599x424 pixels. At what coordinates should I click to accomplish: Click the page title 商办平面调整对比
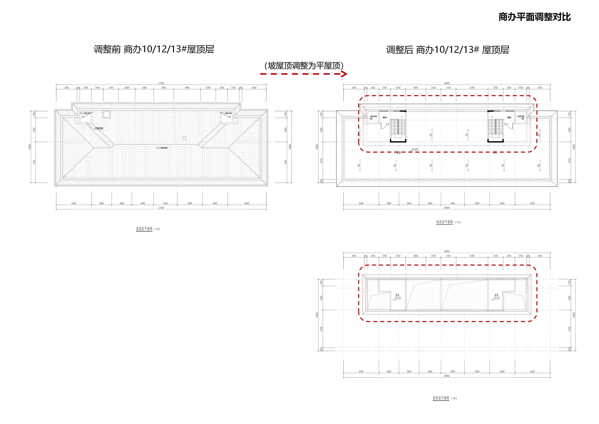coord(535,17)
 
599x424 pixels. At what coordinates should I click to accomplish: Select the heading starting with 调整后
coord(448,50)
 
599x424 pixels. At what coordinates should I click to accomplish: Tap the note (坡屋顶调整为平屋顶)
coord(304,65)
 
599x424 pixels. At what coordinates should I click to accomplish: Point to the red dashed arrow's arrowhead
coord(345,74)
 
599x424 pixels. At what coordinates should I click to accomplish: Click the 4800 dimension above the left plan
coord(187,88)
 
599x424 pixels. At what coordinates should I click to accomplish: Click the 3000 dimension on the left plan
coord(127,88)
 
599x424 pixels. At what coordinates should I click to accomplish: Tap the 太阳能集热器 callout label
coord(99,128)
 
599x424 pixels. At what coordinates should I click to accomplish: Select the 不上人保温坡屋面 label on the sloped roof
coord(162,148)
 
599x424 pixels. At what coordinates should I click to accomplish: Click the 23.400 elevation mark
coord(415,149)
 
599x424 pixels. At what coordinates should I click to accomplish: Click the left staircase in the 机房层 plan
coord(398,130)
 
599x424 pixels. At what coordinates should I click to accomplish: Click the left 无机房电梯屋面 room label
coord(373,118)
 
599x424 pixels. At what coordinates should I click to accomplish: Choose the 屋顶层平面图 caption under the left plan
coord(144,229)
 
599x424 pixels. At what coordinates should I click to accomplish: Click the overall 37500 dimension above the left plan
coord(161,83)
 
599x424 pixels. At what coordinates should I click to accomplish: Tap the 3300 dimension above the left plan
coord(144,88)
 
